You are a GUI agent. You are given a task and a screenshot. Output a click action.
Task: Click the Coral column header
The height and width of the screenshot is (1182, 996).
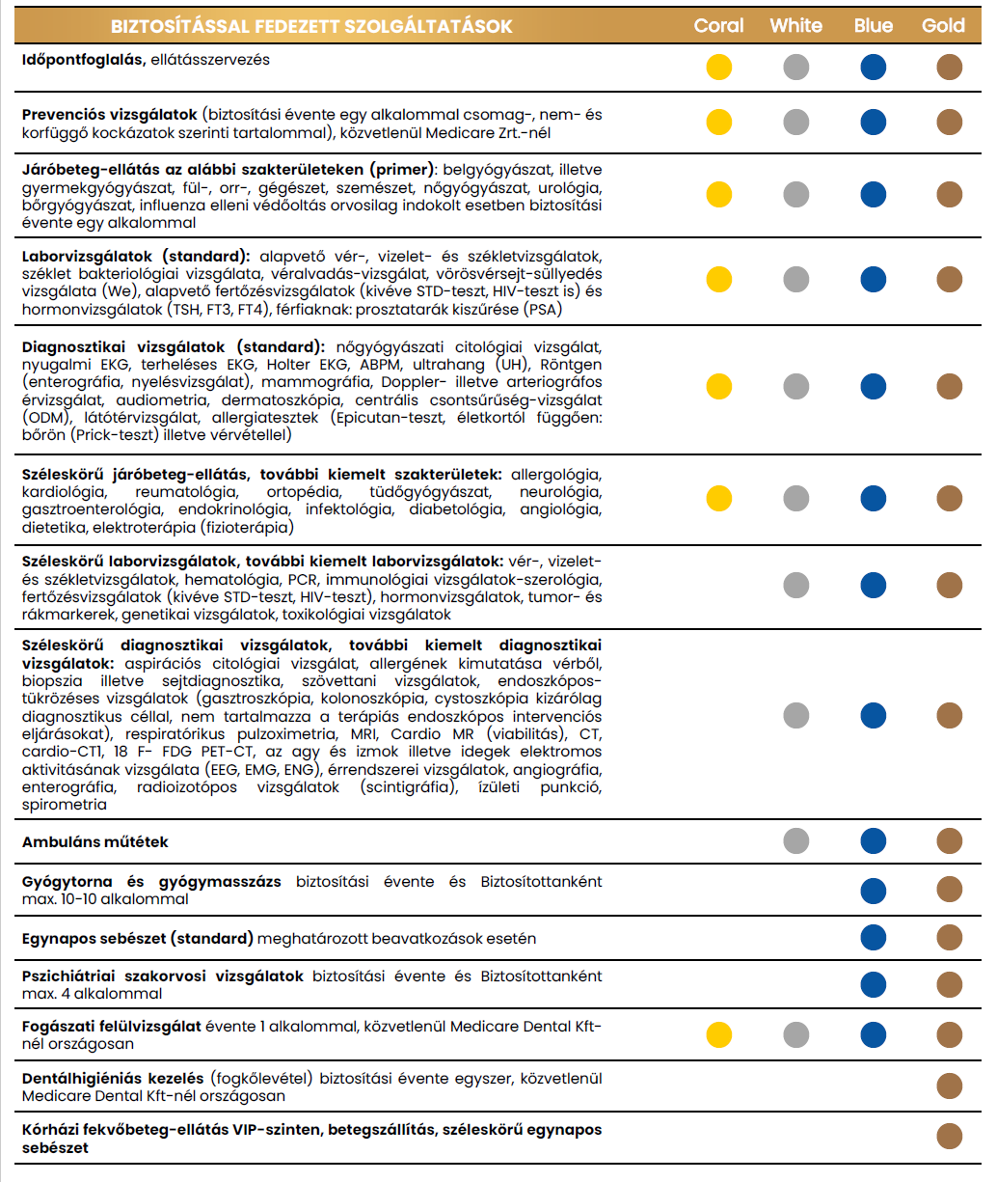coord(718,26)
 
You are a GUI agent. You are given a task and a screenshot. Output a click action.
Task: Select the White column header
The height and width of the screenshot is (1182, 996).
coord(795,26)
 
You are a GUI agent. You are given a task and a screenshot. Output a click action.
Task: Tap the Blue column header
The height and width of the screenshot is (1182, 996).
coord(873,26)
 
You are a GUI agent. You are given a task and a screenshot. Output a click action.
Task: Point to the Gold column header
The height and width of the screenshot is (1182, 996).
coord(943,26)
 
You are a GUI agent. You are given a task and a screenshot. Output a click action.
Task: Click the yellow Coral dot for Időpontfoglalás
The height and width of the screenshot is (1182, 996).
coord(719,67)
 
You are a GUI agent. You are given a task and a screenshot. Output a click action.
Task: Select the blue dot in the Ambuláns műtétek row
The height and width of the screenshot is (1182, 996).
coord(874,841)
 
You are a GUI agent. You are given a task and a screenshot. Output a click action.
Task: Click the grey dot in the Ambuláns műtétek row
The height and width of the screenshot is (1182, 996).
coord(796,841)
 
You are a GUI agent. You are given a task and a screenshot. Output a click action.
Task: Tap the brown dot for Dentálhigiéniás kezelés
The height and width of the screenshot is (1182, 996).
coord(950,1086)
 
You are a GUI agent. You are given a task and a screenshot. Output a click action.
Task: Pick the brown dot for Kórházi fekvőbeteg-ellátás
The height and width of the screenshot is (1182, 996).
coord(950,1137)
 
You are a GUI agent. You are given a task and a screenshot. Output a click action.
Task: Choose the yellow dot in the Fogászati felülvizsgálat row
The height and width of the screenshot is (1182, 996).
coord(719,1034)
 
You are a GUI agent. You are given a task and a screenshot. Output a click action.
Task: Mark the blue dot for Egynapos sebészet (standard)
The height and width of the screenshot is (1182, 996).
coord(874,938)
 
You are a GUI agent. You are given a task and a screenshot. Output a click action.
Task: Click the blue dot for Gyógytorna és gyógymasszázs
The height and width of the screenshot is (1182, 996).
coord(874,890)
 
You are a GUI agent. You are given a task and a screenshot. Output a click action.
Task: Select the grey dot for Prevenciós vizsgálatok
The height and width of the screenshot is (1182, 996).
coord(796,123)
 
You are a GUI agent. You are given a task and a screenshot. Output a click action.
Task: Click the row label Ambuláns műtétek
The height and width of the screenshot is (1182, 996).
coord(95,842)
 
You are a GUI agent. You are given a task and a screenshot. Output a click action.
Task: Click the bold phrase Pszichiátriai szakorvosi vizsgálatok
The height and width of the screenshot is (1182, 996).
coord(163,976)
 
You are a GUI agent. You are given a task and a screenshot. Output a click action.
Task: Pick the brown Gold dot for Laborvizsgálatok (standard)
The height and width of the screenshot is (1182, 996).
coord(950,279)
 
